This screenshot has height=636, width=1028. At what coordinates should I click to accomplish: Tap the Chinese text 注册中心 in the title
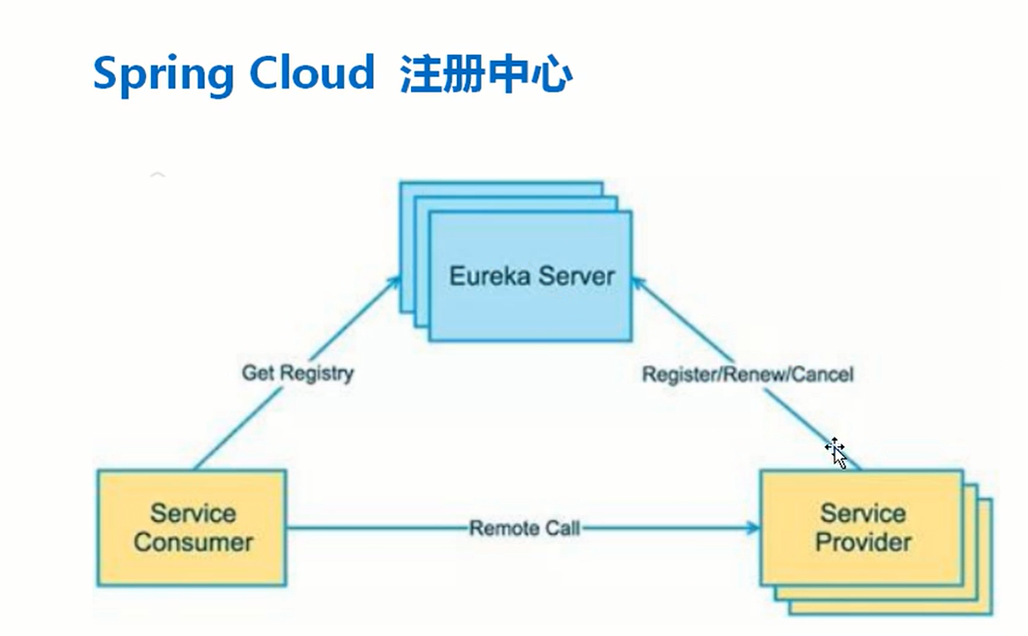[486, 73]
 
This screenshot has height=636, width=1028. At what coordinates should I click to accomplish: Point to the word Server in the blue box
[575, 276]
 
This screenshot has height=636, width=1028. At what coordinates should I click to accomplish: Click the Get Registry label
[298, 373]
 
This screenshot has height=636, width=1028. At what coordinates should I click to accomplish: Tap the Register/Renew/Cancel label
[748, 374]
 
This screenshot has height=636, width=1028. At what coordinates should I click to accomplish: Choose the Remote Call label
[524, 528]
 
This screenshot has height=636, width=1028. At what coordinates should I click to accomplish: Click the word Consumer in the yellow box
[193, 542]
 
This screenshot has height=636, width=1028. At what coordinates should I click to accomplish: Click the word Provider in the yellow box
[863, 542]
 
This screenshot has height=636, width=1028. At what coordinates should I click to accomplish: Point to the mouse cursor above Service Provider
[835, 452]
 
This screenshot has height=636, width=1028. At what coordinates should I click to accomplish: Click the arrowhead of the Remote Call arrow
[754, 528]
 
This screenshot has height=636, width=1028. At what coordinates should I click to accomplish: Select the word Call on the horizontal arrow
[562, 528]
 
